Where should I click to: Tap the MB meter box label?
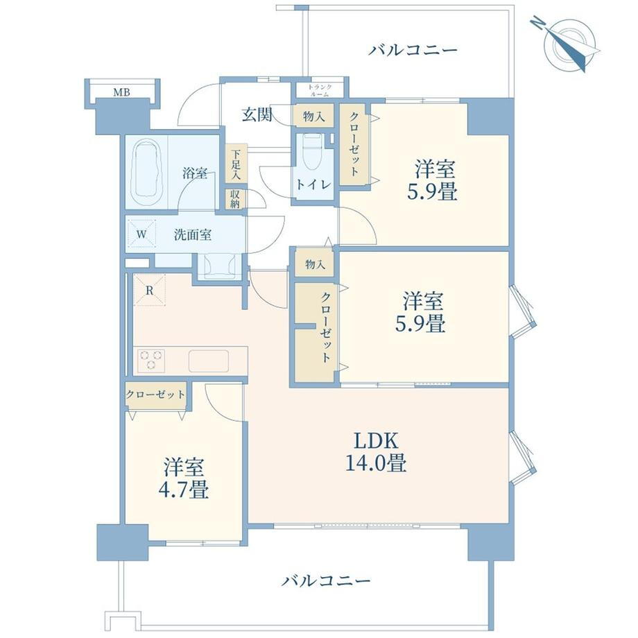point(121,93)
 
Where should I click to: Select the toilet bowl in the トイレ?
point(313,153)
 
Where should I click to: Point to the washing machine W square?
point(141,234)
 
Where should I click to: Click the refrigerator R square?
point(150,290)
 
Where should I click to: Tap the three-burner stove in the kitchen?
point(151,360)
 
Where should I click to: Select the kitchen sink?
point(208,361)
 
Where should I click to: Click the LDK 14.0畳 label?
point(376,451)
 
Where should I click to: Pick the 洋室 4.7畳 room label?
point(184,478)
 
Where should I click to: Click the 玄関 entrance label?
point(257,114)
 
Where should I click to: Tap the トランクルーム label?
point(320,90)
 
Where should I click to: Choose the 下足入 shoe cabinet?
point(236,164)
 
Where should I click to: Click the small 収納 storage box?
point(235,199)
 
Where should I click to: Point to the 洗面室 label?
point(193,235)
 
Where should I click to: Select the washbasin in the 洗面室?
point(220,265)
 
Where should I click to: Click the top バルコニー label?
point(413,51)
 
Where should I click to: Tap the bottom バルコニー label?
point(326,580)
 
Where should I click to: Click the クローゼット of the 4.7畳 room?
point(155,395)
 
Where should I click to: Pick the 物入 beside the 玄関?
point(313,117)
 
